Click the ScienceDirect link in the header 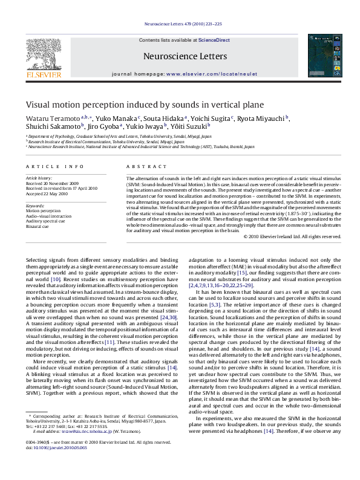(x=214, y=39)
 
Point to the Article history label (x=39, y=179)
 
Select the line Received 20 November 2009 (x=52, y=183)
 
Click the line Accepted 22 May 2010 (x=47, y=193)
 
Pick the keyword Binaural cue (x=38, y=226)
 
